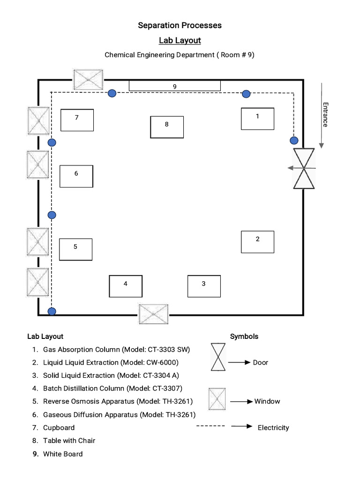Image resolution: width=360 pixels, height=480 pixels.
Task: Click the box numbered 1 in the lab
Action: pos(257,119)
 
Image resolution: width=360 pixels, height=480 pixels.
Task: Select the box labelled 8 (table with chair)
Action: pos(166,127)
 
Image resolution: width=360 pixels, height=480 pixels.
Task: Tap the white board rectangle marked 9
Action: pos(174,85)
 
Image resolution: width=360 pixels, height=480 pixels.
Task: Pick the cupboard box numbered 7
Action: pos(77,120)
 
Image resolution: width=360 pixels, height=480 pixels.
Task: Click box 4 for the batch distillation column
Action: pos(125,286)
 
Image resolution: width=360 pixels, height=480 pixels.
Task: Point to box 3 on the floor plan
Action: pos(203,286)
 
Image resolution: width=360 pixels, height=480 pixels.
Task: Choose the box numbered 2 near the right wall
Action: pos(257,242)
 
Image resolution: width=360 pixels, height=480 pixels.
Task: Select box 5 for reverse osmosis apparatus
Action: pos(75,249)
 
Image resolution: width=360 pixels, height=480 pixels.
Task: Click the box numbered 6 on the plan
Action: pos(76,176)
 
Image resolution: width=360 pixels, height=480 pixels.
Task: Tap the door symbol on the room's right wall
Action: pos(304,168)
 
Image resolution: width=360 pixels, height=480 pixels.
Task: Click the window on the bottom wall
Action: pos(153,314)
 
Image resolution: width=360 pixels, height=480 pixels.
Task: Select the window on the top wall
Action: pos(88,80)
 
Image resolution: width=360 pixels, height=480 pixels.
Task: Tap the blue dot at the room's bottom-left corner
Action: pos(52,311)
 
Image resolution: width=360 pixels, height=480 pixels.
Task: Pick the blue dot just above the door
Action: pos(294,140)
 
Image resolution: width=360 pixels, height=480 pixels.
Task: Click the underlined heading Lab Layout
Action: pos(180,40)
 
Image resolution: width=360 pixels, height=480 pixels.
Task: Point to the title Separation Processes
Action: pos(180,25)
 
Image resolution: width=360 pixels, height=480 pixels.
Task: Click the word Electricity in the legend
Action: pos(273,427)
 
